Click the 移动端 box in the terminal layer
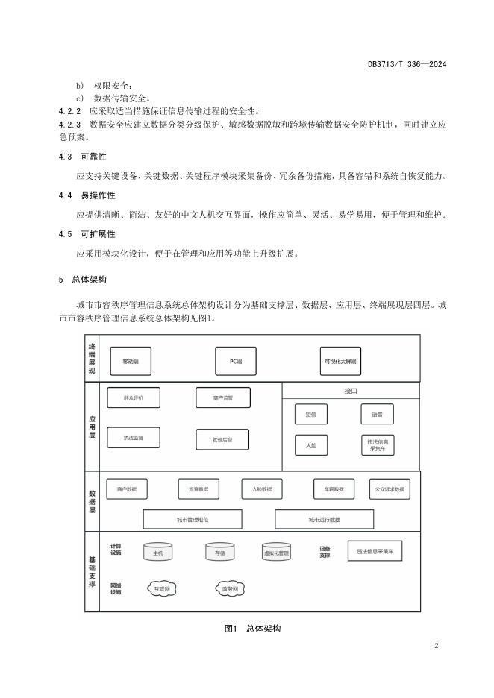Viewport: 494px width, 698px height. [x=131, y=361]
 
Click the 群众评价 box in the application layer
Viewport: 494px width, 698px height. [x=134, y=397]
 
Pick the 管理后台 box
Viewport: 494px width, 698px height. [x=222, y=440]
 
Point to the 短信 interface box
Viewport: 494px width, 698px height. [x=310, y=414]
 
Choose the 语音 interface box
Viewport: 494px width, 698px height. [x=376, y=414]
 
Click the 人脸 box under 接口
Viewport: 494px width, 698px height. [x=310, y=445]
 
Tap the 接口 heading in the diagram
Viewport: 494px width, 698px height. [x=351, y=391]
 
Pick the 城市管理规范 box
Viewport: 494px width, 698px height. [x=193, y=519]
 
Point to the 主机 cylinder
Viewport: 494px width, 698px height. [x=158, y=553]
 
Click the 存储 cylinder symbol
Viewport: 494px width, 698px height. [x=220, y=553]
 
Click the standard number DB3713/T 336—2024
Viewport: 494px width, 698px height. [x=407, y=65]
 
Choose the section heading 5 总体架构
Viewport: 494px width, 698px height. [x=83, y=280]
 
